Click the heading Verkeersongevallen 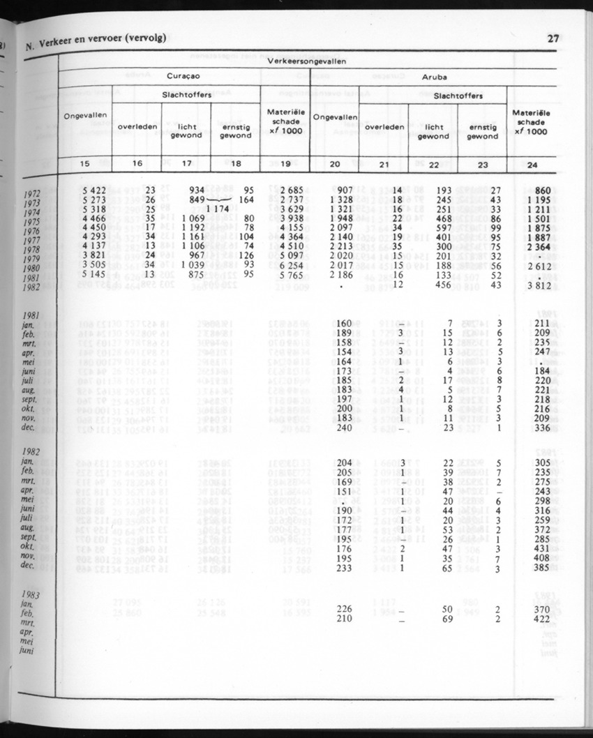click(x=307, y=61)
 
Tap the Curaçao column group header click(x=185, y=77)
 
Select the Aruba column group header click(x=434, y=77)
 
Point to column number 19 click(x=285, y=164)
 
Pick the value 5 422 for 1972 click(x=93, y=189)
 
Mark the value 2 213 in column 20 click(x=333, y=246)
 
